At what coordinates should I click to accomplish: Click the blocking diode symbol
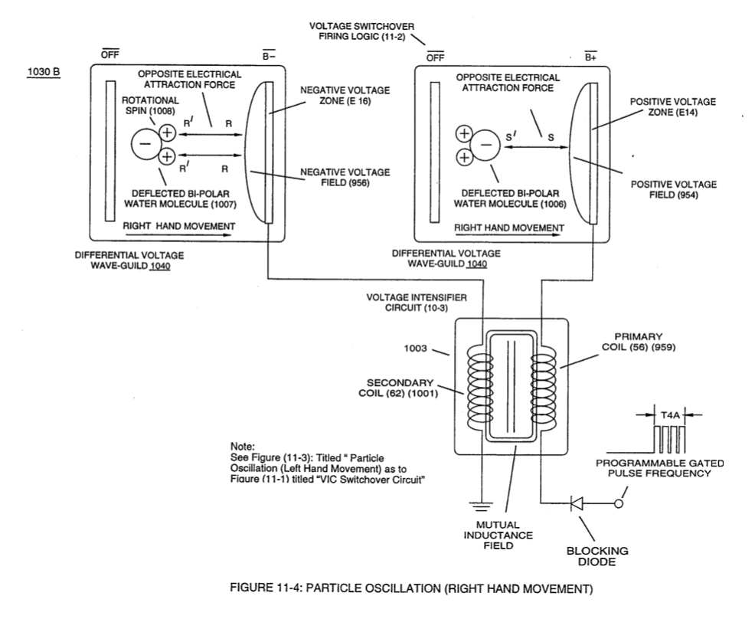pyautogui.click(x=577, y=504)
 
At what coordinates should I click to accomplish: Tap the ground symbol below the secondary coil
pyautogui.click(x=482, y=506)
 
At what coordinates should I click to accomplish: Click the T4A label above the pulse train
pyautogui.click(x=670, y=414)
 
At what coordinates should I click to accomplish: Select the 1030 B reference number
pyautogui.click(x=44, y=72)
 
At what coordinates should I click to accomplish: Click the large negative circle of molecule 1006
pyautogui.click(x=485, y=145)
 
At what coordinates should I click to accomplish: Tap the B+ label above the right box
pyautogui.click(x=591, y=57)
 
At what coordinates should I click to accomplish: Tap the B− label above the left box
pyautogui.click(x=269, y=56)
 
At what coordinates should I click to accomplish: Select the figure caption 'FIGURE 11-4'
pyautogui.click(x=412, y=588)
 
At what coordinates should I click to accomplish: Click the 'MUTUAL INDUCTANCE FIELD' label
pyautogui.click(x=498, y=535)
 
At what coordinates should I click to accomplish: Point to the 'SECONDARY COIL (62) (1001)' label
pyautogui.click(x=399, y=388)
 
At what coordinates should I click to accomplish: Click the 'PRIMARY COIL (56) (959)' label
pyautogui.click(x=639, y=342)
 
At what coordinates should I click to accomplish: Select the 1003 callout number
pyautogui.click(x=415, y=349)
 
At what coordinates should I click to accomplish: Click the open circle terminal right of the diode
pyautogui.click(x=619, y=504)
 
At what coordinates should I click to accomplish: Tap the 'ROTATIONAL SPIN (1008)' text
pyautogui.click(x=150, y=105)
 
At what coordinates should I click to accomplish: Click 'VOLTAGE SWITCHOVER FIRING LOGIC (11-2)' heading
pyautogui.click(x=361, y=31)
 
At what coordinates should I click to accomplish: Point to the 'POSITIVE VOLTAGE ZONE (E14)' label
pyautogui.click(x=673, y=107)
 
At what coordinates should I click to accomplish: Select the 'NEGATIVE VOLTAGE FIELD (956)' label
pyautogui.click(x=345, y=177)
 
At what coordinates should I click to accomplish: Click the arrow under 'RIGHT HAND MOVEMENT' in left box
pyautogui.click(x=178, y=235)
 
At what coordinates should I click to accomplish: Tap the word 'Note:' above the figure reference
pyautogui.click(x=243, y=447)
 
